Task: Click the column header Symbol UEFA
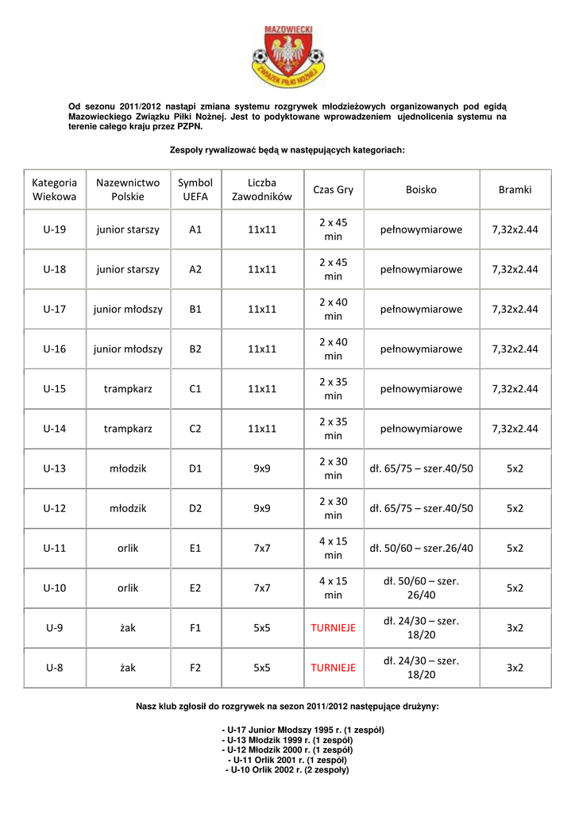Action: point(195,190)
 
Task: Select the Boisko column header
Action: point(421,190)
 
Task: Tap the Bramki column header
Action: point(515,190)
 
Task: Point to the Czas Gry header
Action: point(334,190)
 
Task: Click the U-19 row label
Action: point(55,229)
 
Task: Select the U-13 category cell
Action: point(55,468)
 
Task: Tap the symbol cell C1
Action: point(195,389)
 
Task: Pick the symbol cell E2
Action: point(195,588)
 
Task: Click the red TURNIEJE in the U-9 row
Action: point(334,628)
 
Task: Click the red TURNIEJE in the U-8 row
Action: point(334,668)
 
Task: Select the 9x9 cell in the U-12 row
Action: point(262,508)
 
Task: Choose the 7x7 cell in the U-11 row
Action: point(262,548)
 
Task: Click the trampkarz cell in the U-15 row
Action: point(128,389)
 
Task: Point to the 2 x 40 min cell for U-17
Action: point(334,309)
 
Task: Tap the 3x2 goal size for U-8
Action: point(515,668)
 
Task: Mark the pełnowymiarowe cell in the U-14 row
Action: point(421,429)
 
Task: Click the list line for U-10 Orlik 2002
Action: point(287,769)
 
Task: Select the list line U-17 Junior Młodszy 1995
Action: point(287,730)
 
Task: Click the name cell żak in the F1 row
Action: point(128,628)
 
